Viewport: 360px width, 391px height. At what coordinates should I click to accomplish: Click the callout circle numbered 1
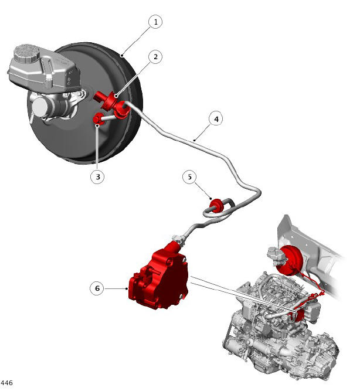(x=155, y=22)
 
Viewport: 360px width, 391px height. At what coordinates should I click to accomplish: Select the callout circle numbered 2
(x=155, y=57)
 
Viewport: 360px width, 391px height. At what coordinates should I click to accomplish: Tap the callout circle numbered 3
(x=97, y=177)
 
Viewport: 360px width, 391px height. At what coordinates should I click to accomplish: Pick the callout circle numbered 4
(x=216, y=119)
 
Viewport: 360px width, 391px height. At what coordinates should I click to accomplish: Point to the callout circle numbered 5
(x=189, y=177)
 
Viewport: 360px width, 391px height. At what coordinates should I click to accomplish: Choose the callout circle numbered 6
(x=97, y=288)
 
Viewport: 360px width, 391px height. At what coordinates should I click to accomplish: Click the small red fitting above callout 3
(x=98, y=118)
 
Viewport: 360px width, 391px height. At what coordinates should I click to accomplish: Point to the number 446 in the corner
(x=6, y=383)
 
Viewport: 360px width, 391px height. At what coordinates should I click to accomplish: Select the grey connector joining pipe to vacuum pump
(x=179, y=239)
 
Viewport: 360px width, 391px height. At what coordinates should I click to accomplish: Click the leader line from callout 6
(x=116, y=288)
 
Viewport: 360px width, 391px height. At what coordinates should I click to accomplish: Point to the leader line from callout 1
(x=137, y=40)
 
